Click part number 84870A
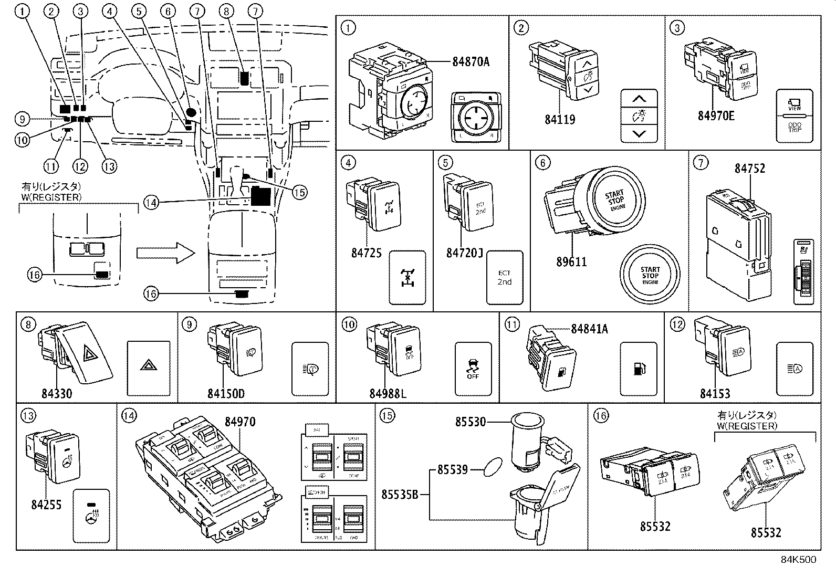(471, 62)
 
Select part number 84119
(559, 119)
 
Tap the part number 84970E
(716, 116)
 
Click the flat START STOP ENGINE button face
(650, 275)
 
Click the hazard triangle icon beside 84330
(149, 368)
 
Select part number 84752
(749, 169)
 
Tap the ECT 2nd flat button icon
(504, 278)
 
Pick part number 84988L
(388, 393)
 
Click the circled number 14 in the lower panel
(129, 416)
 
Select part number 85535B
(400, 494)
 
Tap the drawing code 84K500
(797, 560)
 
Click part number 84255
(46, 504)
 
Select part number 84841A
(589, 329)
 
